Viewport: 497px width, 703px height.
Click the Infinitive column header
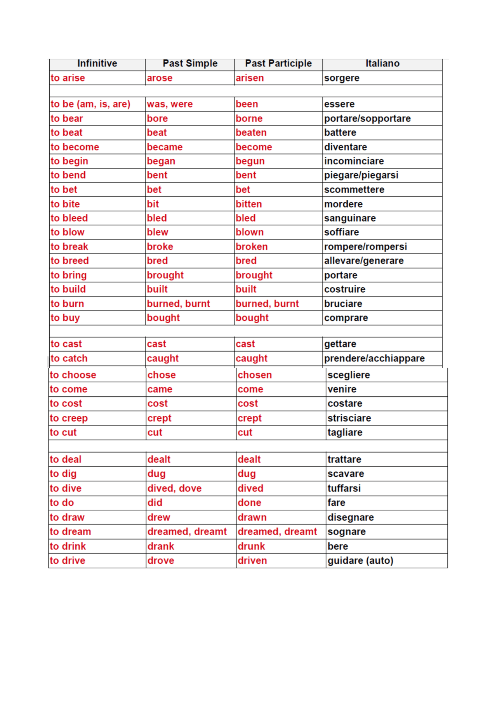pyautogui.click(x=97, y=64)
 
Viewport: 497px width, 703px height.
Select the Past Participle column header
pyautogui.click(x=278, y=64)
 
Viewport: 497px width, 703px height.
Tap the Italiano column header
pyautogui.click(x=382, y=64)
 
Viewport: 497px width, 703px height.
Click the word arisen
pyautogui.click(x=250, y=78)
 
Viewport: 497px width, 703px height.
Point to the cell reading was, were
pyautogui.click(x=170, y=104)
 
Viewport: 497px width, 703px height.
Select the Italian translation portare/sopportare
pyautogui.click(x=367, y=118)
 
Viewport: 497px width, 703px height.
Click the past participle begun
pyautogui.click(x=250, y=161)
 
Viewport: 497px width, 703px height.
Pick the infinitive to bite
pyautogui.click(x=65, y=204)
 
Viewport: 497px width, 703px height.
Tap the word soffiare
pyautogui.click(x=341, y=232)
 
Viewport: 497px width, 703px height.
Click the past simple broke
pyautogui.click(x=160, y=246)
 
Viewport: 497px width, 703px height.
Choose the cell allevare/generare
pyautogui.click(x=364, y=261)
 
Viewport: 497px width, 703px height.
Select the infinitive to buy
pyautogui.click(x=65, y=318)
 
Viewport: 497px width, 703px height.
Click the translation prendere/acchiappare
pyautogui.click(x=374, y=358)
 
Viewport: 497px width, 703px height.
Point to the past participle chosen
pyautogui.click(x=255, y=375)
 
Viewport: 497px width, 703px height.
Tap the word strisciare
pyautogui.click(x=349, y=418)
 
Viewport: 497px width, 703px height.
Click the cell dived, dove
pyautogui.click(x=174, y=488)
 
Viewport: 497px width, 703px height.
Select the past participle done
pyautogui.click(x=249, y=503)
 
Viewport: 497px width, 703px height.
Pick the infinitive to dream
pyautogui.click(x=70, y=532)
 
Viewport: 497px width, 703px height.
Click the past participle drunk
pyautogui.click(x=251, y=546)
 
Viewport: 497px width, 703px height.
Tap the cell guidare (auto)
pyautogui.click(x=360, y=561)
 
